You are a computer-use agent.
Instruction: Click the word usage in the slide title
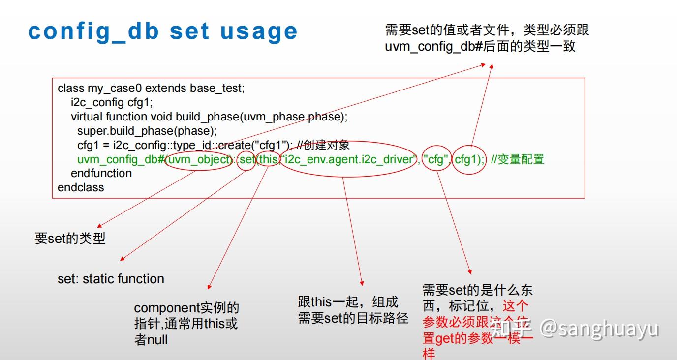259,31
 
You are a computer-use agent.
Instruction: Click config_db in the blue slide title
93,31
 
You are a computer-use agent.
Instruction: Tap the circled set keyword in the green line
246,159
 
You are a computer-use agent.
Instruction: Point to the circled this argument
268,159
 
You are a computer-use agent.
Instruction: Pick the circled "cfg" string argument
436,159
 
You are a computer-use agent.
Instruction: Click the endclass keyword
81,187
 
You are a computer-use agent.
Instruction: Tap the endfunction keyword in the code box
101,173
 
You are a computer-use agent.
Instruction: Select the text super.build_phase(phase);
147,131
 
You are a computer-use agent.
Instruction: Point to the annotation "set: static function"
111,279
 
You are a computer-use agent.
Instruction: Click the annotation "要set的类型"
70,239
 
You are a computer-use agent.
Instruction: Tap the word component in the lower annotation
166,308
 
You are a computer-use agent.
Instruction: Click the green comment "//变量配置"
518,159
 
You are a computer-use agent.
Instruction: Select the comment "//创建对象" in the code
323,145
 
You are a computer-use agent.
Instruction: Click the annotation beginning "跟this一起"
348,302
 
